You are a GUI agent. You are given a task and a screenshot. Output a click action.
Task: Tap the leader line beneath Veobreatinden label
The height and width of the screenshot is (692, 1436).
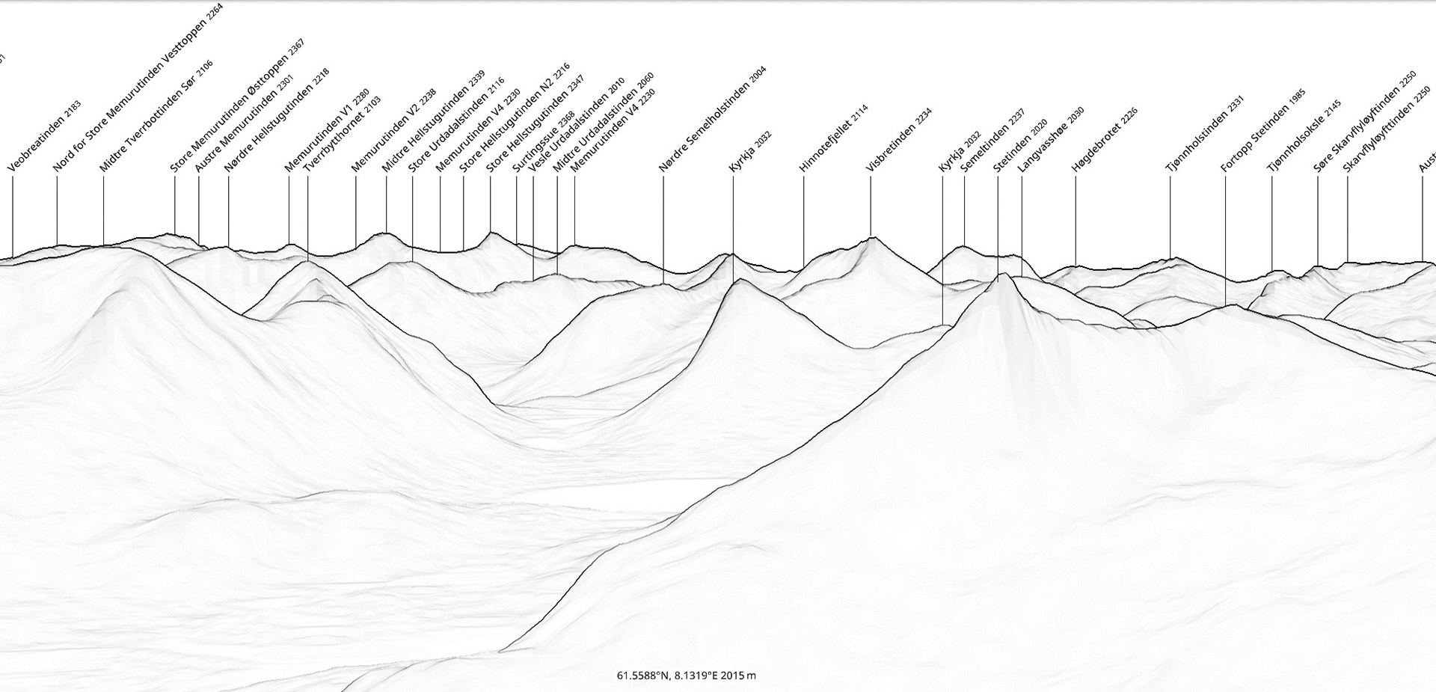pyautogui.click(x=13, y=217)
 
